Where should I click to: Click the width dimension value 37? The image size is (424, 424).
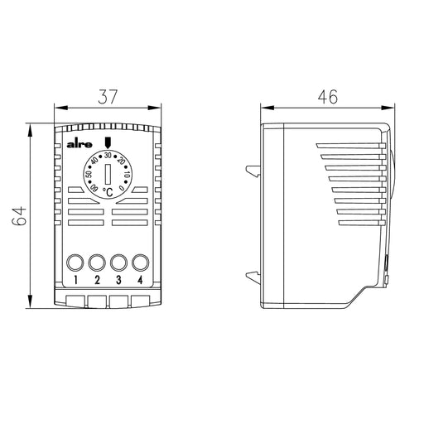(108, 97)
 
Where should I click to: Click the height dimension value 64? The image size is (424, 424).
(19, 216)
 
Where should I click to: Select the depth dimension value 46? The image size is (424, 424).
(328, 97)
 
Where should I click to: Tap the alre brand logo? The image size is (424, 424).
(79, 145)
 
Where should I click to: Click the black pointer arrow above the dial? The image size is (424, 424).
(108, 142)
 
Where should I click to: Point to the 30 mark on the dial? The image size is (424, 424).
(108, 155)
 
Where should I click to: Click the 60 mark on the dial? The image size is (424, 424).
(94, 188)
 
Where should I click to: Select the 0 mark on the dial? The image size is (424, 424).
(122, 188)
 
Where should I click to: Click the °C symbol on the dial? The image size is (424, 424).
(108, 192)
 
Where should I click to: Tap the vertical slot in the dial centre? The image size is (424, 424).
(108, 174)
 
